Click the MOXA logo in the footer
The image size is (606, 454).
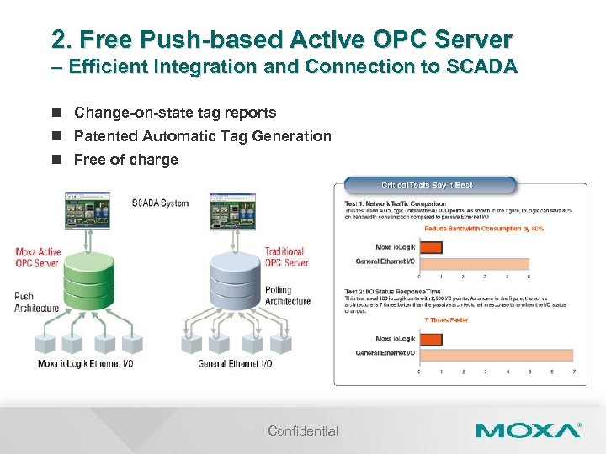click(527, 430)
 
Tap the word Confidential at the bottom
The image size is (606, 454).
click(303, 431)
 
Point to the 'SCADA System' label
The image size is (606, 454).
click(160, 203)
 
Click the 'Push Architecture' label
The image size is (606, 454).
click(36, 302)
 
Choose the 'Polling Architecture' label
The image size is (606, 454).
click(287, 295)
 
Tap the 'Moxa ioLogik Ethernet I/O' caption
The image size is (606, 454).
click(85, 364)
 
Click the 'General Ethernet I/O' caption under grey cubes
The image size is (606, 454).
click(235, 364)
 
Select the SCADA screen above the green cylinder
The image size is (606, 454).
click(87, 210)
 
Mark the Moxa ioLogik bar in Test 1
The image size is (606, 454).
click(430, 247)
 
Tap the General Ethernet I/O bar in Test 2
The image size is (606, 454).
click(496, 353)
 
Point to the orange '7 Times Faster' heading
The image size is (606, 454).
click(447, 320)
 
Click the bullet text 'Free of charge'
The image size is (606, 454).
click(126, 160)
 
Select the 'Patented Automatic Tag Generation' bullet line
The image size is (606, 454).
click(203, 136)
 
